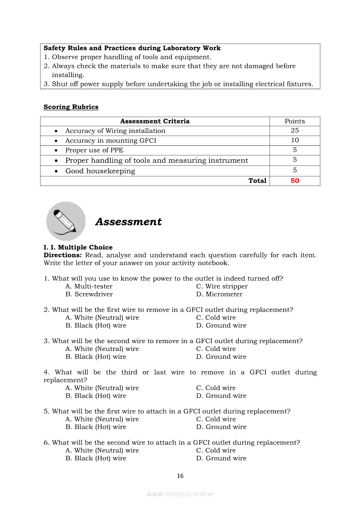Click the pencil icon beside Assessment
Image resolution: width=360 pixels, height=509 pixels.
[66, 221]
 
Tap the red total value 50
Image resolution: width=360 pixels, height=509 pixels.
[295, 181]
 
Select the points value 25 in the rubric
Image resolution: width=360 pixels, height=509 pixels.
[295, 131]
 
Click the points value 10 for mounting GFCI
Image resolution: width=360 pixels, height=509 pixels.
[295, 140]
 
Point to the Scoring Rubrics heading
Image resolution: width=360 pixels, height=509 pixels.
[71, 107]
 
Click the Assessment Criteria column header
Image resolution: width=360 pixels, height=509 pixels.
[155, 121]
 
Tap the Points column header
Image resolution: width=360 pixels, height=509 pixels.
[295, 121]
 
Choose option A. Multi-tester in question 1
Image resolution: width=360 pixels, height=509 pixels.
[89, 287]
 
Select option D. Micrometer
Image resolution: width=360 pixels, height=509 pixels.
[219, 294]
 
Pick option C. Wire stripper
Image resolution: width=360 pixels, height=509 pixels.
[222, 287]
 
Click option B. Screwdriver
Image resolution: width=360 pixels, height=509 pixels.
[89, 294]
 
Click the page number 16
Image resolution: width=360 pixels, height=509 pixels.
[180, 476]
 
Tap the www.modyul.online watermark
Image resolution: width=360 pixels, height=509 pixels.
[180, 494]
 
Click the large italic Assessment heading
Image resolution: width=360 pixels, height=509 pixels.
[128, 222]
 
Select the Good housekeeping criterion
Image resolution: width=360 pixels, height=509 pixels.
[100, 171]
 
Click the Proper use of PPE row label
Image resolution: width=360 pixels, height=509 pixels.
[94, 150]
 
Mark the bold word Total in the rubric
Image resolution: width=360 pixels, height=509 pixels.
[257, 181]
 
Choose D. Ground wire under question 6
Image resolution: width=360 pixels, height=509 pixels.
[221, 458]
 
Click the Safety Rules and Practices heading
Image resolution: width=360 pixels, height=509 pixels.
[132, 48]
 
